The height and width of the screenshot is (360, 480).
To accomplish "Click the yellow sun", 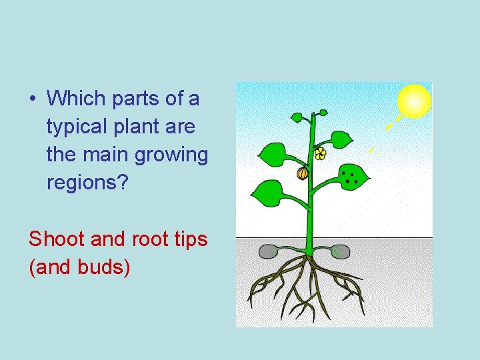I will coord(414,101).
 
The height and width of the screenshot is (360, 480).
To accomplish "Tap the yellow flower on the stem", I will coord(321,154).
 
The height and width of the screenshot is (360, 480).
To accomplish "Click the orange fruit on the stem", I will coord(302,173).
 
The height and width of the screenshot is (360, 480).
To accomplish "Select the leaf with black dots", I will coord(349,176).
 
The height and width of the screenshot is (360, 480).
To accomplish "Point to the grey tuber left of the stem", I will coord(268,251).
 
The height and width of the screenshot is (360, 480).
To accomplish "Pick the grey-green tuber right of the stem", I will coord(340,251).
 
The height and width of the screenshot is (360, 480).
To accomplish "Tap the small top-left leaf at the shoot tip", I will coord(297,117).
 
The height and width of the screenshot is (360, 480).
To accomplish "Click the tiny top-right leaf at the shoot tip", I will coord(324,113).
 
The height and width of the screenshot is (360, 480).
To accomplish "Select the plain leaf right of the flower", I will coord(341,140).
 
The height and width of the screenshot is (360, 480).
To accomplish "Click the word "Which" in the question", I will coord(77,99).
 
